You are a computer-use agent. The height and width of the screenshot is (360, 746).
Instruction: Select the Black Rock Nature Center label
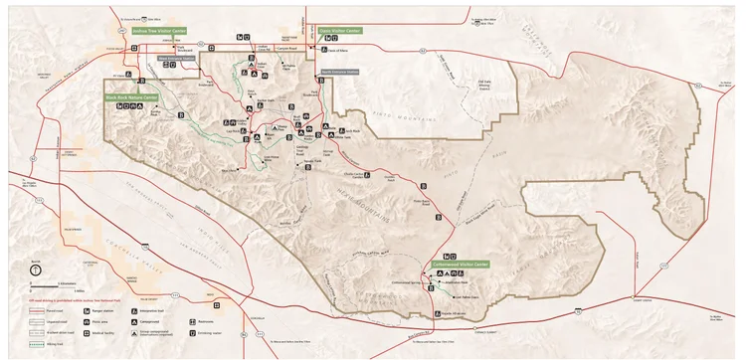pos(132,97)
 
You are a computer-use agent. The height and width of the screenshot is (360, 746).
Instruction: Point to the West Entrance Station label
pos(180,58)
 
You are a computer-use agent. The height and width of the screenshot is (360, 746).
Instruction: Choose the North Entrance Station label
pos(338,72)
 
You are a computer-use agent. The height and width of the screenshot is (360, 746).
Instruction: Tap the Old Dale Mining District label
pos(485,85)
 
